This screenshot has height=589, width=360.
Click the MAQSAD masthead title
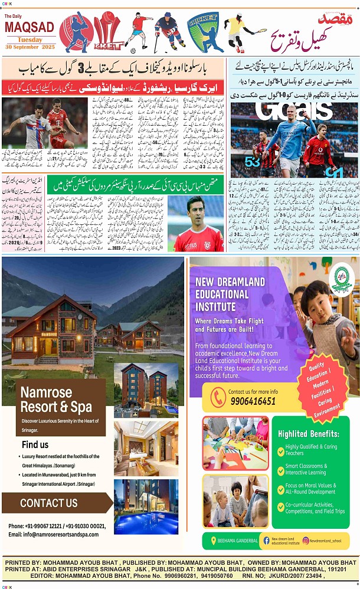(x=29, y=27)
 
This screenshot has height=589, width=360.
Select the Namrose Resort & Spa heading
(x=56, y=400)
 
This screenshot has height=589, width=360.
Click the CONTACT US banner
(x=48, y=503)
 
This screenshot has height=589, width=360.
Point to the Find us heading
(x=35, y=444)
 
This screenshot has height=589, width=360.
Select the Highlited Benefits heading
(x=309, y=434)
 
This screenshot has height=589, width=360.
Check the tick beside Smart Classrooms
(x=281, y=469)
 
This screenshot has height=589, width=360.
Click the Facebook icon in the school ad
(x=266, y=540)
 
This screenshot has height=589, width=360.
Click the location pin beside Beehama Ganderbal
(x=213, y=540)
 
